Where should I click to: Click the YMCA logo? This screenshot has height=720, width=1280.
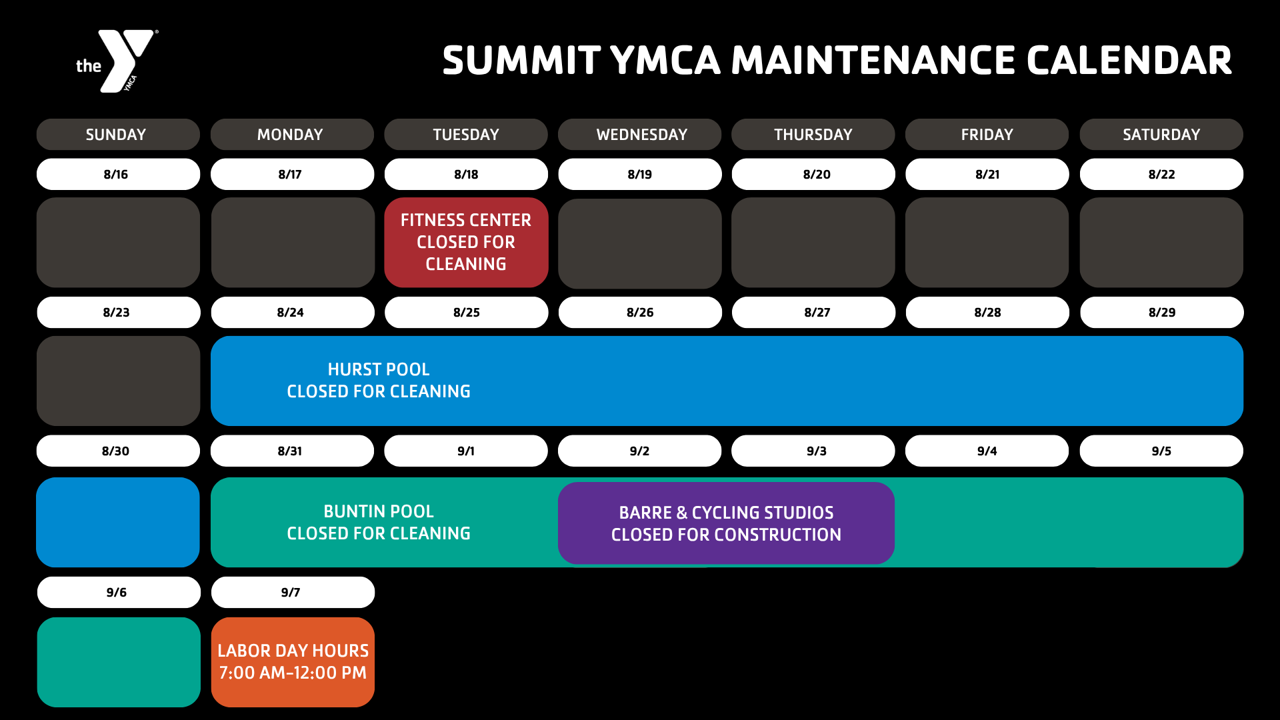(x=117, y=61)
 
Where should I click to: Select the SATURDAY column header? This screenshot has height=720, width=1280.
(x=1161, y=135)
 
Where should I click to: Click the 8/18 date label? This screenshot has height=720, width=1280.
(x=466, y=174)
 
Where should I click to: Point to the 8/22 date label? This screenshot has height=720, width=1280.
(x=1161, y=174)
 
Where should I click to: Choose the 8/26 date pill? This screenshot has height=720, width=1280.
(x=640, y=312)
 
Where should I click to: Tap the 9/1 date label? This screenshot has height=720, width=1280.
(x=466, y=451)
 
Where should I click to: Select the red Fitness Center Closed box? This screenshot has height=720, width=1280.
(x=466, y=242)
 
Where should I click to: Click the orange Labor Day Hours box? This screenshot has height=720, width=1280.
(x=293, y=662)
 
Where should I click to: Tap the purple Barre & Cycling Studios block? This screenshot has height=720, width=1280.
(x=726, y=523)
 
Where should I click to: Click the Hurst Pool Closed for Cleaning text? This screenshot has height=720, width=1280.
(x=379, y=381)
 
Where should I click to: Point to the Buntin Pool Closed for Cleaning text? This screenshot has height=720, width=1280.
(x=379, y=523)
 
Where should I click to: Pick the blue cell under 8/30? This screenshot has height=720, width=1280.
(x=118, y=522)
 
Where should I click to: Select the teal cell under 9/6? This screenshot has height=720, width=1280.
(x=119, y=662)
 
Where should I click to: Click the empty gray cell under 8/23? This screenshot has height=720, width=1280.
(x=119, y=381)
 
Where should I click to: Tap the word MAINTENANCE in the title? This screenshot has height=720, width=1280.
(x=873, y=61)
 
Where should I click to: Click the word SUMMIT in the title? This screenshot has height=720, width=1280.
(x=521, y=61)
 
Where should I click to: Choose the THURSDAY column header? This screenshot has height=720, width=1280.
(x=813, y=135)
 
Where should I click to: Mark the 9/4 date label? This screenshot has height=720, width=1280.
(x=987, y=451)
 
